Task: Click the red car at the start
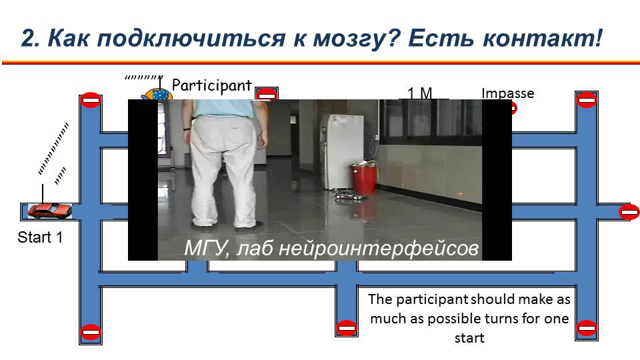tap(49, 211)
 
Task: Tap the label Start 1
tap(41, 237)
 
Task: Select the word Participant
tap(211, 85)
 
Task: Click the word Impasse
tap(508, 93)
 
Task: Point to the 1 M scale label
tap(419, 93)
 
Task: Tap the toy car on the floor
tap(349, 196)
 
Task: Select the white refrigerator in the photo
tap(341, 151)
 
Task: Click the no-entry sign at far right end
tap(629, 212)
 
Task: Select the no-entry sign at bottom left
tap(91, 331)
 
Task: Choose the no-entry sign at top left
tap(91, 99)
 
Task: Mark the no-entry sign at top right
tap(587, 99)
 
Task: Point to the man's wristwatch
tap(187, 129)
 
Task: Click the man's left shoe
tap(203, 223)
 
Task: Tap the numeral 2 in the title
tap(28, 39)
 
